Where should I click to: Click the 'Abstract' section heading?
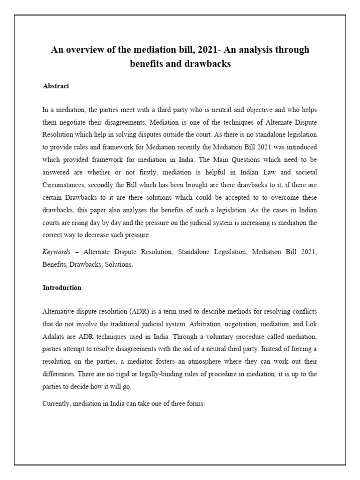pos(56,86)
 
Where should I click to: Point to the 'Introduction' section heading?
pos(62,288)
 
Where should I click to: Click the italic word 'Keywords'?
pos(56,252)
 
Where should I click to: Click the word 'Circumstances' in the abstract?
pos(64,183)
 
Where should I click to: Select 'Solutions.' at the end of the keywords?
pos(120,264)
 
